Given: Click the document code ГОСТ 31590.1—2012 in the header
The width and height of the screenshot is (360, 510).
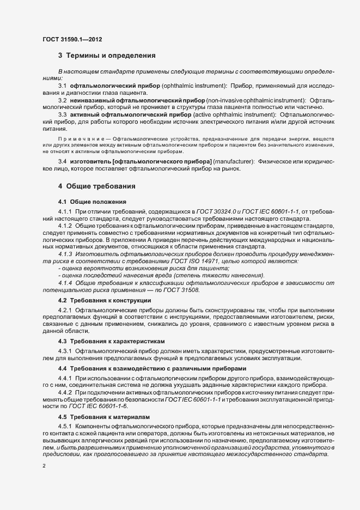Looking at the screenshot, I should (72, 39).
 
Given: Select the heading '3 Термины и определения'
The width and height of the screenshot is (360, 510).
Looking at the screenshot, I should (107, 56).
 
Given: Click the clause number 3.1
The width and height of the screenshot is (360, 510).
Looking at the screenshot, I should (62, 87).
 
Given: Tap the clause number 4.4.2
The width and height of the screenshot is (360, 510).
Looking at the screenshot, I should (65, 392).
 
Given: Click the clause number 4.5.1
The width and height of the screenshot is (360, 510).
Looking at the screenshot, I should (65, 426).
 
